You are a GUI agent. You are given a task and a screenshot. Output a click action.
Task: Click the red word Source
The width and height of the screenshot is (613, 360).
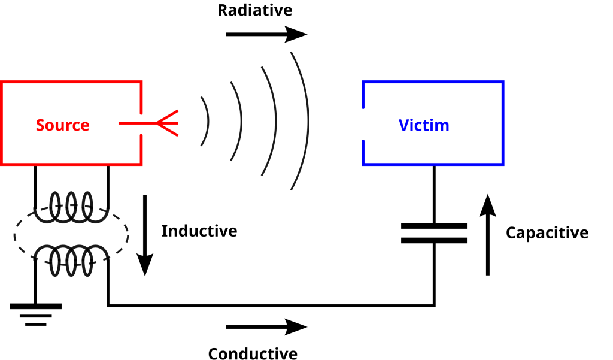[x=62, y=125]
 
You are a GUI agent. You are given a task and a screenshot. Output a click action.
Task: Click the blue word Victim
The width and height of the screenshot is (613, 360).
[x=424, y=126]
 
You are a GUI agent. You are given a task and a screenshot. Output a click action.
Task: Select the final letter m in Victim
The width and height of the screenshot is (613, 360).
[x=443, y=126]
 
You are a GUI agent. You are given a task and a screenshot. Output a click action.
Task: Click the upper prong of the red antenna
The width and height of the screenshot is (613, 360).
[x=169, y=116]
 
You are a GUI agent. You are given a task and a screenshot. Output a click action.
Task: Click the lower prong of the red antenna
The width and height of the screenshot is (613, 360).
[x=169, y=130]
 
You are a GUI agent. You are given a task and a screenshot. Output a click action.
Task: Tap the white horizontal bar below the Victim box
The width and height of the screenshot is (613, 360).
[x=434, y=233]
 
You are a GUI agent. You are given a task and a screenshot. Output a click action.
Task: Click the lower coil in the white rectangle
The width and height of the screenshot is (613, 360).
[x=71, y=253]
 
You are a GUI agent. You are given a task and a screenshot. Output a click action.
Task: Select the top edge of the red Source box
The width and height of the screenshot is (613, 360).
[x=72, y=81]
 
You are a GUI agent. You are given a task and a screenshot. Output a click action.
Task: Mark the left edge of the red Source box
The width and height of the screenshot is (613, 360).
[x=2, y=123]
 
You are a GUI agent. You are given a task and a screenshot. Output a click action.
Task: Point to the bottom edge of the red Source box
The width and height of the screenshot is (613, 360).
[x=72, y=164]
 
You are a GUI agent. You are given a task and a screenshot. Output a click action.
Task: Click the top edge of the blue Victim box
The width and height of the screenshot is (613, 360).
[x=433, y=81]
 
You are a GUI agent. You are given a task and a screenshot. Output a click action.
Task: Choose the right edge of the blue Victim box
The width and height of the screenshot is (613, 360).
[x=503, y=123]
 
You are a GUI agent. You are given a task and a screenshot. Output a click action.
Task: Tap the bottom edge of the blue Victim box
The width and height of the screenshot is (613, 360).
[x=433, y=164]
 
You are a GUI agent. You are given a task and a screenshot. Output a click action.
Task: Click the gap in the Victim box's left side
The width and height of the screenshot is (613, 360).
[x=363, y=124]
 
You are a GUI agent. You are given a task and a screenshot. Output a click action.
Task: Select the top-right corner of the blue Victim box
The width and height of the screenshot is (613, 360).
[x=503, y=81]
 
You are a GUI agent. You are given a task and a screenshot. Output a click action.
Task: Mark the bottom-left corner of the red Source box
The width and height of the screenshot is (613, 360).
[x=2, y=164]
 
